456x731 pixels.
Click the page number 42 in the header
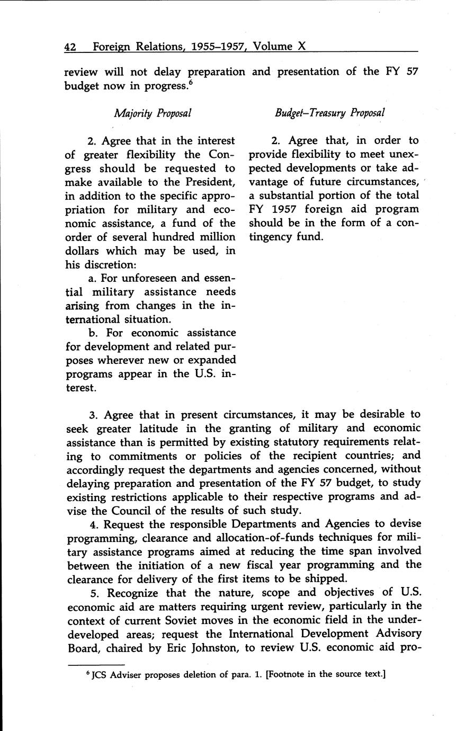click(x=70, y=47)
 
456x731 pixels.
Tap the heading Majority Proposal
click(x=153, y=112)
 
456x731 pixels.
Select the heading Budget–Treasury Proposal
click(x=329, y=112)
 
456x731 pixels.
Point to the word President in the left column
click(x=210, y=182)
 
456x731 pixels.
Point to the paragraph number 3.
click(x=88, y=414)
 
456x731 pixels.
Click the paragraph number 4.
click(x=88, y=524)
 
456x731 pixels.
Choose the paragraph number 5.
click(x=88, y=592)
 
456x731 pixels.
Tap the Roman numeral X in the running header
click(x=301, y=47)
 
